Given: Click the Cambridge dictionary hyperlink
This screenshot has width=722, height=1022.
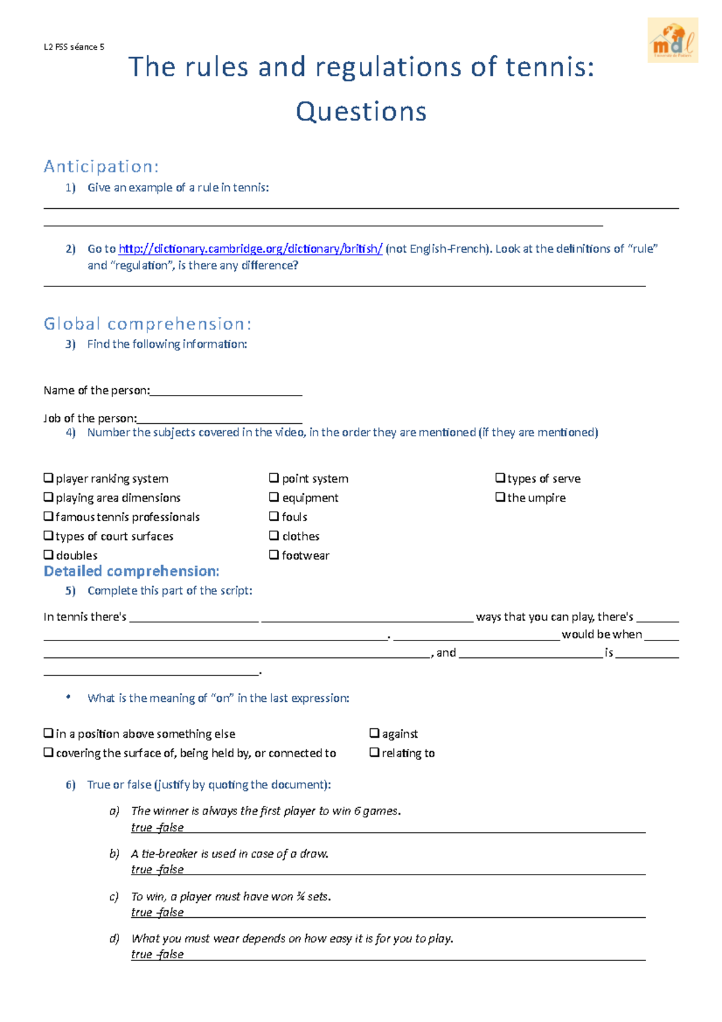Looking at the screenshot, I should (x=250, y=249).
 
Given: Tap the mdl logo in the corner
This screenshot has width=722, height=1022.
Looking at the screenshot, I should (x=673, y=40).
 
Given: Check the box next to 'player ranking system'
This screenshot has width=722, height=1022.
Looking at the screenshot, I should (x=49, y=478).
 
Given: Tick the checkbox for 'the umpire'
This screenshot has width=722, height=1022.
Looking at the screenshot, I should (x=500, y=497).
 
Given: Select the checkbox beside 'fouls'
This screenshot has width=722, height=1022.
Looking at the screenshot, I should (x=274, y=516).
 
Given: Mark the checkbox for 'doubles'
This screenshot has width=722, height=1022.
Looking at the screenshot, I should (x=49, y=555).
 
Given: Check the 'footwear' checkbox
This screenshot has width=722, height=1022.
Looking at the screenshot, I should (x=274, y=555).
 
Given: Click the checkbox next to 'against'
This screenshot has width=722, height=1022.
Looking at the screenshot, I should (x=374, y=733).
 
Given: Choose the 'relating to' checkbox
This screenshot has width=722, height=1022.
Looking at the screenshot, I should (x=374, y=752).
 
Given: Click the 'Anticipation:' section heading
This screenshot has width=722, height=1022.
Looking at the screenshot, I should (x=101, y=167).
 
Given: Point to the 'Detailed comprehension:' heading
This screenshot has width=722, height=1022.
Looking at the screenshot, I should (x=131, y=571).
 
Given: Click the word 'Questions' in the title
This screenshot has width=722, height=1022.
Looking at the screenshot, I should (x=361, y=112).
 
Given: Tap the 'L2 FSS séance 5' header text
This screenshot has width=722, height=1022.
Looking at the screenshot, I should (x=74, y=47).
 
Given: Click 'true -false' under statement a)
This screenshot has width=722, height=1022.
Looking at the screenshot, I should (x=157, y=828).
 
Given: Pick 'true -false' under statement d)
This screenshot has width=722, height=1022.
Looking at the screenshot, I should (x=157, y=955).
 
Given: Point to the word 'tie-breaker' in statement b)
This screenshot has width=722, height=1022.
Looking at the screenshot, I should (x=161, y=853).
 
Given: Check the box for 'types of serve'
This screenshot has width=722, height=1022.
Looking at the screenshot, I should (x=500, y=478).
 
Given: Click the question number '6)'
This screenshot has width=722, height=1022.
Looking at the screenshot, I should (x=71, y=785).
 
